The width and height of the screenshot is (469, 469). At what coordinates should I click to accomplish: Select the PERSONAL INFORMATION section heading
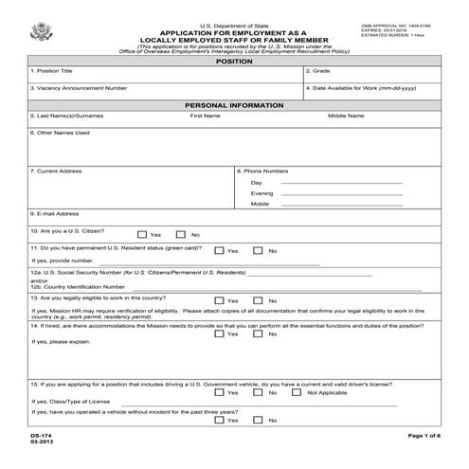pyautogui.click(x=234, y=104)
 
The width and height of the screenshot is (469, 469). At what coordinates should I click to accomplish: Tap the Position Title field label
pyautogui.click(x=54, y=71)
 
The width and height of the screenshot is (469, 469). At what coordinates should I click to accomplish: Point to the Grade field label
pyautogui.click(x=319, y=71)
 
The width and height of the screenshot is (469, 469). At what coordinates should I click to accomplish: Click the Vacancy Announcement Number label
pyautogui.click(x=79, y=88)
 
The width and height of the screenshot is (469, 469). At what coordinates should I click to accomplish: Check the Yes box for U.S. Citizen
pyautogui.click(x=142, y=234)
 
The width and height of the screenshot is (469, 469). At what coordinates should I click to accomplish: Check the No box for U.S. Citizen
pyautogui.click(x=183, y=234)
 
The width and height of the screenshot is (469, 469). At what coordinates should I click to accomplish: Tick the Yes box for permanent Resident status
pyautogui.click(x=219, y=251)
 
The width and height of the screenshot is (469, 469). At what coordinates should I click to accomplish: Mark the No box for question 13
pyautogui.click(x=260, y=298)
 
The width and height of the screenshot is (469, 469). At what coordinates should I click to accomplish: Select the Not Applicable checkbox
pyautogui.click(x=298, y=392)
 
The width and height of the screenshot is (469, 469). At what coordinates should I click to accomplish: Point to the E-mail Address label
pyautogui.click(x=56, y=214)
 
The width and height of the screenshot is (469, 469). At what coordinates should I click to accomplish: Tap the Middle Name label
pyautogui.click(x=346, y=116)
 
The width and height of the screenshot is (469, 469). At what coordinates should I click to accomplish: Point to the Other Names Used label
pyautogui.click(x=60, y=133)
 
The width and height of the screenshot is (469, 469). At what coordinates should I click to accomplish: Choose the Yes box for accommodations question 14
pyautogui.click(x=219, y=334)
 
